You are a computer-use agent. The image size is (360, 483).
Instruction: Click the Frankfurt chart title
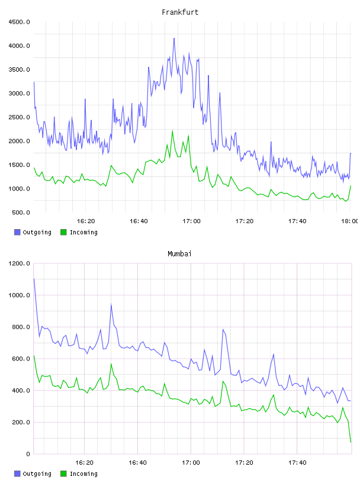[180, 12]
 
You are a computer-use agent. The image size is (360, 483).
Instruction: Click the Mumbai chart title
[179, 254]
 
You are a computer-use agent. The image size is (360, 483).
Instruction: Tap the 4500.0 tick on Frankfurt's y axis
[19, 22]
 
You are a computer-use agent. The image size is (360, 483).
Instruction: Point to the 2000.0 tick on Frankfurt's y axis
[19, 141]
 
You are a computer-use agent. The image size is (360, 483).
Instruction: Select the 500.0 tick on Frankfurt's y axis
[21, 212]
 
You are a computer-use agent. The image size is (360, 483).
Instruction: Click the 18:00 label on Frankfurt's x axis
[349, 221]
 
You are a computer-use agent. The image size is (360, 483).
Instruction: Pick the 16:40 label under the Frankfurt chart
[139, 221]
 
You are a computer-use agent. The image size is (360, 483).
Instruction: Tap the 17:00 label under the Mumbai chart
[191, 463]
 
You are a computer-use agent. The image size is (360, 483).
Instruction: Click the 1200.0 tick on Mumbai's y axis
[19, 263]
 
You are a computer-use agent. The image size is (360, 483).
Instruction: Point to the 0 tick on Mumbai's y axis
[28, 454]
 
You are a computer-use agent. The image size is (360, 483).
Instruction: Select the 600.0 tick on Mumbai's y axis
[21, 359]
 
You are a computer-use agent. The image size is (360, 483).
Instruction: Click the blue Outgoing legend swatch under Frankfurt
[17, 232]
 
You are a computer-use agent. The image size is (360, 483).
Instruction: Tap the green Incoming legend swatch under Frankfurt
[63, 232]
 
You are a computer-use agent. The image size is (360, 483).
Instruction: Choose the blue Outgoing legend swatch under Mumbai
[17, 474]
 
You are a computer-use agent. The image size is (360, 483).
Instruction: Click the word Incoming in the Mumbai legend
[83, 474]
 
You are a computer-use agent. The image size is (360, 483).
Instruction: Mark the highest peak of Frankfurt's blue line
[174, 38]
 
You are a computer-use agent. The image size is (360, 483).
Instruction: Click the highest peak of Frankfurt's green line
[172, 131]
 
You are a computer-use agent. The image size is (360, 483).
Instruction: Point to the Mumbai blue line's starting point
[34, 279]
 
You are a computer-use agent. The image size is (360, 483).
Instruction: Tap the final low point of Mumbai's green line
[351, 442]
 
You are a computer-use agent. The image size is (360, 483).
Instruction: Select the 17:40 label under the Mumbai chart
[297, 463]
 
